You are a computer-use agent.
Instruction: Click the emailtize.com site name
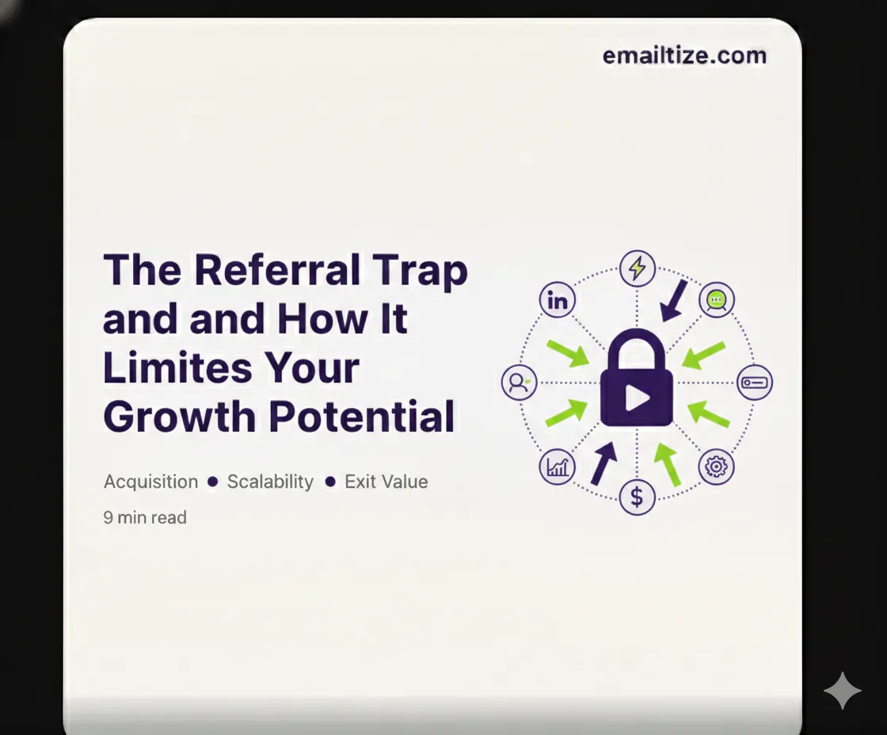[x=684, y=56]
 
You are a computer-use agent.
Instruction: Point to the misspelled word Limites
[x=173, y=368]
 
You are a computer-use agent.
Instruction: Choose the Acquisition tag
[x=150, y=482]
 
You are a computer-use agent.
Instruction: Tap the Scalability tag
[x=270, y=482]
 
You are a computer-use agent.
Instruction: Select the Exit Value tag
[x=386, y=482]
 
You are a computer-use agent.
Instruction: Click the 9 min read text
[x=145, y=518]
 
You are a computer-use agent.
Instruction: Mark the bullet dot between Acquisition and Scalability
[x=212, y=482]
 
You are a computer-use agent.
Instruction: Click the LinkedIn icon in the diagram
[x=558, y=301]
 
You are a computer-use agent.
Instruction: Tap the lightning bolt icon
[x=637, y=268]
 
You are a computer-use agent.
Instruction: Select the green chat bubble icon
[x=716, y=300]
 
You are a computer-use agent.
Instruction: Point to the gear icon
[x=716, y=467]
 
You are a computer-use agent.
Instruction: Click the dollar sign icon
[x=637, y=497]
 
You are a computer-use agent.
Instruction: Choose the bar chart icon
[x=558, y=467]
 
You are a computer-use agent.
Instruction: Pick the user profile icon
[x=519, y=383]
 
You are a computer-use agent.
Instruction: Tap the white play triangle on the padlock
[x=637, y=396]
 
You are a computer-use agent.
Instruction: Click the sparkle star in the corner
[x=842, y=691]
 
